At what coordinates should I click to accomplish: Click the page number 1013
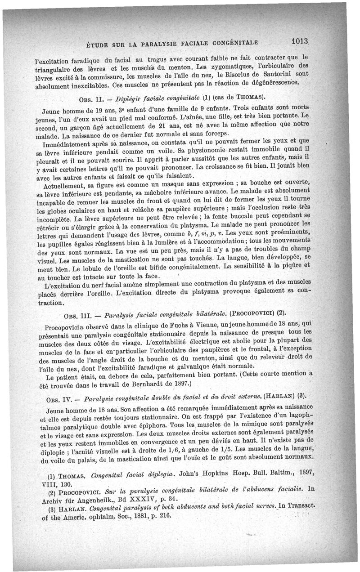coord(298,40)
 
